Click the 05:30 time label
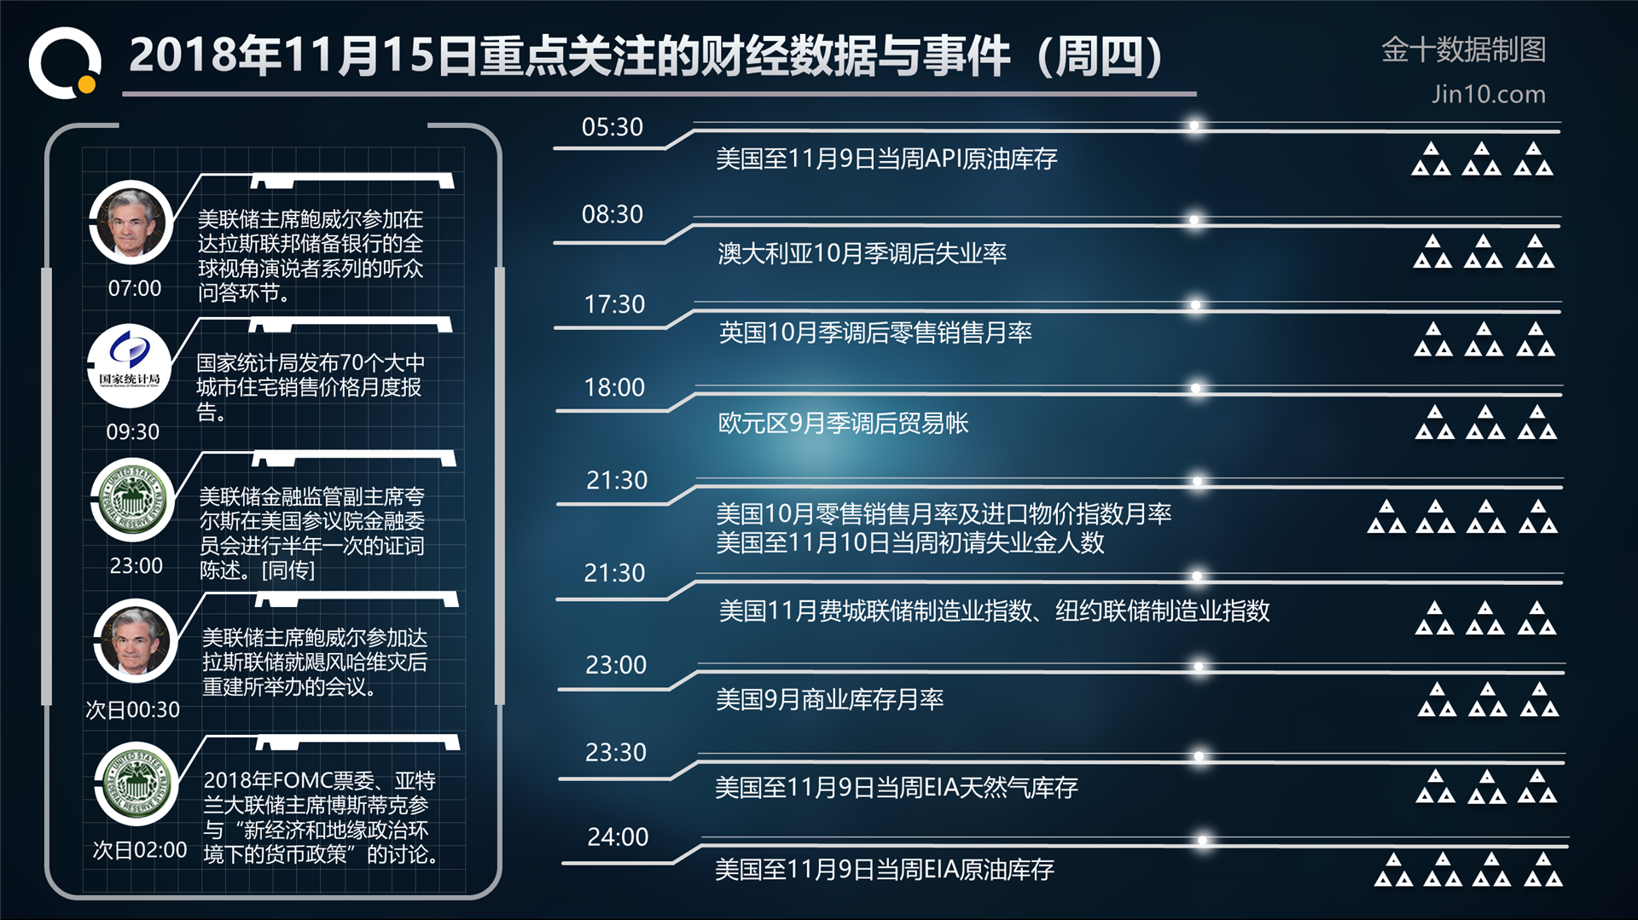pos(612,127)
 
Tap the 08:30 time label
pos(612,214)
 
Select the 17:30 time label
pos(614,304)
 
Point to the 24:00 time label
pos(618,837)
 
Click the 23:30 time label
pos(616,752)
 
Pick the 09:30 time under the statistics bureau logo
pos(133,431)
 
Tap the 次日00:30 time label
pos(132,709)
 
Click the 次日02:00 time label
pos(140,850)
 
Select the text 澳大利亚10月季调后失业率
pos(863,253)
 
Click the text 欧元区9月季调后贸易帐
pos(844,423)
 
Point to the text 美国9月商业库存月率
pos(829,699)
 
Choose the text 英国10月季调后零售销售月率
pos(875,333)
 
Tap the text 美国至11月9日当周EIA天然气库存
pos(897,787)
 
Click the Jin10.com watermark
pos(1489,94)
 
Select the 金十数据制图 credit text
pos(1463,49)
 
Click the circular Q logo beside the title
pos(65,63)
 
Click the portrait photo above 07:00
pos(131,222)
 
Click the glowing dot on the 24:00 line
pos(1202,841)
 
